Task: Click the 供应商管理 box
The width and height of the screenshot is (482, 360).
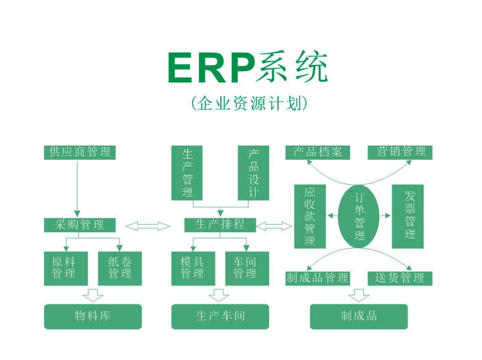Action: click(78, 152)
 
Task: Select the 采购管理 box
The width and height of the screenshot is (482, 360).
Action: click(80, 225)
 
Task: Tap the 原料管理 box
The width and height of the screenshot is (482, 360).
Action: click(64, 268)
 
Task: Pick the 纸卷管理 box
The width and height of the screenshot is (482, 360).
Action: click(120, 268)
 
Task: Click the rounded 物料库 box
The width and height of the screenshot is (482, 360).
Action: click(93, 317)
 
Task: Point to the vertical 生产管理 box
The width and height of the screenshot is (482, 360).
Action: click(188, 173)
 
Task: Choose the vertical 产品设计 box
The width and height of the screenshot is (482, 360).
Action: click(254, 173)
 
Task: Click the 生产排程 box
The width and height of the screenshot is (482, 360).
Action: click(220, 225)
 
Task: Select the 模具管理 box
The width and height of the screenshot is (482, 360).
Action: click(192, 268)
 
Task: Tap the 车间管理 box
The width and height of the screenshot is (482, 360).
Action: click(245, 268)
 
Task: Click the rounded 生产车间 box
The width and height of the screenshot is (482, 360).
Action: click(220, 317)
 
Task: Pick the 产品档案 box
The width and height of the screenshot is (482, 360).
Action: click(317, 152)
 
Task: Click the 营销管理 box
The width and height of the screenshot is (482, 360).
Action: click(400, 152)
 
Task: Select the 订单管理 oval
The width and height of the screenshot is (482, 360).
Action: click(359, 216)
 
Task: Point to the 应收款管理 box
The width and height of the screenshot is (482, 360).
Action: click(310, 216)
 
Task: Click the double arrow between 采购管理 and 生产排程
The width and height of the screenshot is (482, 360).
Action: click(148, 226)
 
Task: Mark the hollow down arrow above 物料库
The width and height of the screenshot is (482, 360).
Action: click(92, 294)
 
